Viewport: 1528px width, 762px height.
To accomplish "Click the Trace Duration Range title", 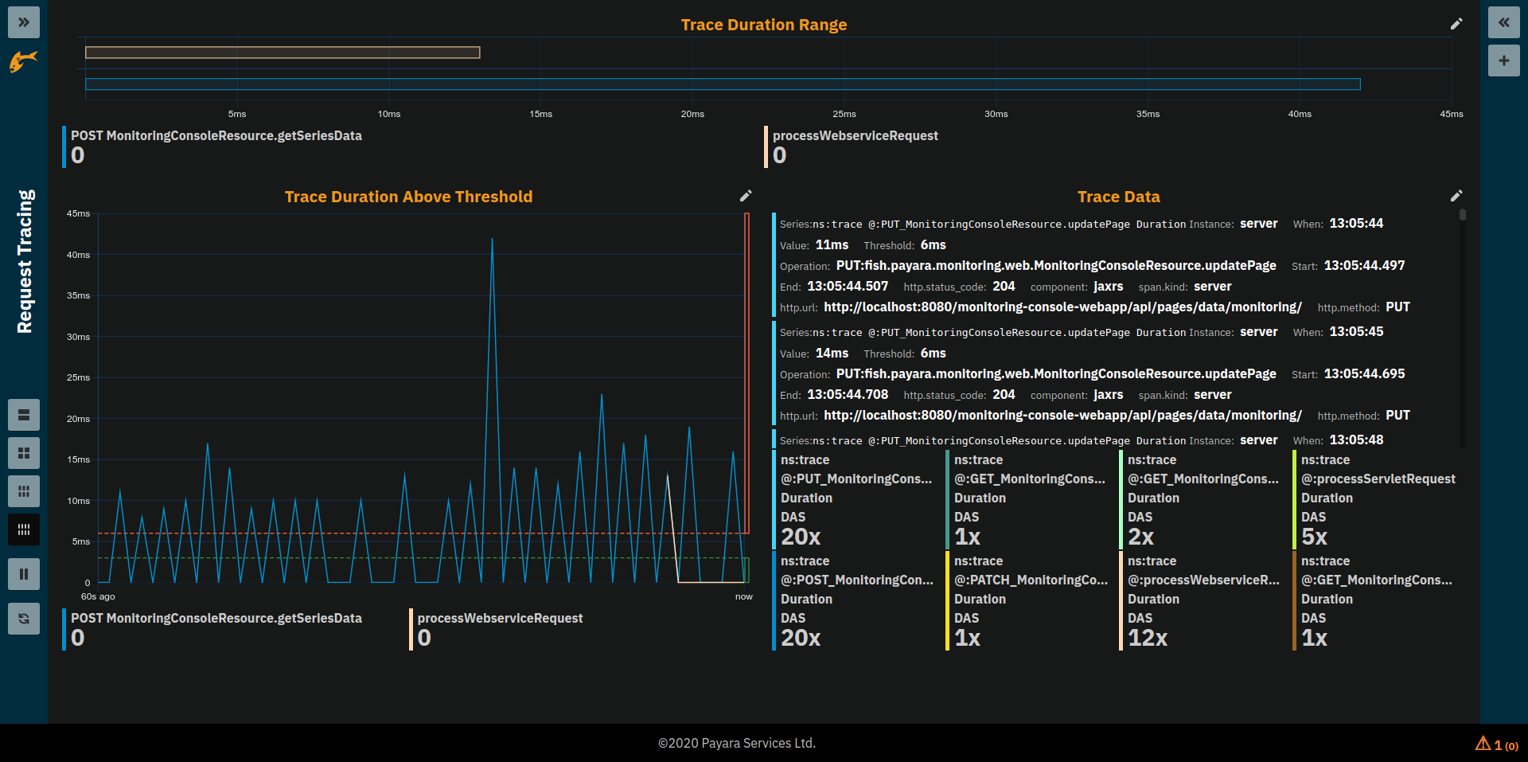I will (x=763, y=25).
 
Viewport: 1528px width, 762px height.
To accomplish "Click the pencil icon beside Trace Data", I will (x=1456, y=196).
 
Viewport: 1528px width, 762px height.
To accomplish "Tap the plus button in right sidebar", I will (x=1503, y=61).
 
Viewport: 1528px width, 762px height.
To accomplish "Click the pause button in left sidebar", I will (x=24, y=574).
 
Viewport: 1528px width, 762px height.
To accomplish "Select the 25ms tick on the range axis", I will (x=844, y=114).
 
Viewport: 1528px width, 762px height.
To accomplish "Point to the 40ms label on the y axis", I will (x=78, y=255).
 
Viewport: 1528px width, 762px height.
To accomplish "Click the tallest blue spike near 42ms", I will (x=492, y=241).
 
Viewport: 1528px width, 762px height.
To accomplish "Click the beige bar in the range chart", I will (x=283, y=53).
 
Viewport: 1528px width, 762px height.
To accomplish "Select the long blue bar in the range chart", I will (x=723, y=84).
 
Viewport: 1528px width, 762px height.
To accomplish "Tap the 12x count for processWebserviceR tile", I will (x=1147, y=638).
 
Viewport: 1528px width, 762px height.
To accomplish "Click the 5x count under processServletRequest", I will (x=1314, y=537).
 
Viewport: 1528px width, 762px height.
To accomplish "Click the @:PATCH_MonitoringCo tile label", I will (x=1031, y=580).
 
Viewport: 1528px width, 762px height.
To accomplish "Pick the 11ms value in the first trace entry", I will (x=832, y=245).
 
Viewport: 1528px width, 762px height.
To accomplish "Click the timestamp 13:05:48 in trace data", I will (x=1356, y=440).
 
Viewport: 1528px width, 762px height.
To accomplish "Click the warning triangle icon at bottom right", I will (x=1483, y=744).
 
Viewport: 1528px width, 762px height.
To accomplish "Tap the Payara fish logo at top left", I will (x=24, y=61).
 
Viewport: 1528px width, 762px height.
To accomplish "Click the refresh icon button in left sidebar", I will (x=24, y=619).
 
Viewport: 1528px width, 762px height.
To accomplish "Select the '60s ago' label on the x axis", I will (x=98, y=596).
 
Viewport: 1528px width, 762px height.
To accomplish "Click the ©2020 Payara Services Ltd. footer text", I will (x=736, y=743).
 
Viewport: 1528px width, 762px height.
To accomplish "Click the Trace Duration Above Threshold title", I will (x=408, y=197).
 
